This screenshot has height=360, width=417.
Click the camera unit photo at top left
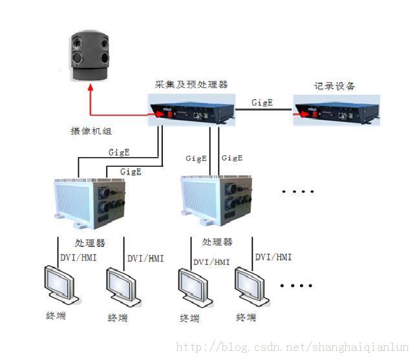click(91, 57)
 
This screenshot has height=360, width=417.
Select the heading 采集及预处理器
click(191, 85)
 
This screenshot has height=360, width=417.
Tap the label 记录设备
click(334, 86)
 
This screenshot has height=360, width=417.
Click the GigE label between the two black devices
click(262, 102)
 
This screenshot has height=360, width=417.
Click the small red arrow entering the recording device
click(299, 115)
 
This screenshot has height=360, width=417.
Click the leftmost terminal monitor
click(59, 286)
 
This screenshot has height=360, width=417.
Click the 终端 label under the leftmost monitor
click(56, 316)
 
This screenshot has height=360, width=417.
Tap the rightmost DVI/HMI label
click(273, 257)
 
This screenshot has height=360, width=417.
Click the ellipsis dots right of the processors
click(299, 191)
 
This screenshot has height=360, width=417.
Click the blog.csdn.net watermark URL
click(293, 347)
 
